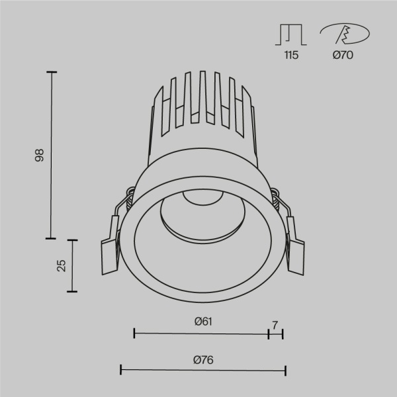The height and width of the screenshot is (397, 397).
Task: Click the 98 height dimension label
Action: click(39, 156)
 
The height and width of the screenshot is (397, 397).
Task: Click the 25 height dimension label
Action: click(61, 265)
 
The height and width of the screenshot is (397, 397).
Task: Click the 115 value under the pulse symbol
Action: click(291, 56)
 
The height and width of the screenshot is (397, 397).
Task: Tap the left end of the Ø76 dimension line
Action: click(121, 370)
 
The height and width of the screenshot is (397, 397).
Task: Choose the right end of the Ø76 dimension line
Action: click(285, 370)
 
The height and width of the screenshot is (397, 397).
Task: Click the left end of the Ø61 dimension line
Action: click(134, 333)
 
